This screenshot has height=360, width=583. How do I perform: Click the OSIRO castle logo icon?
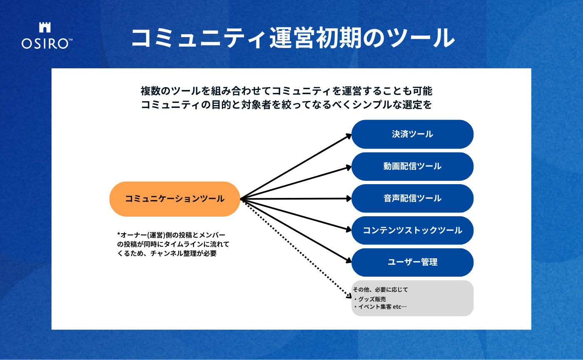pos(45,27)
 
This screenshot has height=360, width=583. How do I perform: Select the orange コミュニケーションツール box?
pos(175,199)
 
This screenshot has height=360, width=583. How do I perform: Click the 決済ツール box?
pos(412,134)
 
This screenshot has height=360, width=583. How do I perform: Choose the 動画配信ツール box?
pos(412,166)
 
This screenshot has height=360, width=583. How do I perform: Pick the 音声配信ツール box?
pos(412,198)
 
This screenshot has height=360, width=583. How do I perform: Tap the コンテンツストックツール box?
pos(412,230)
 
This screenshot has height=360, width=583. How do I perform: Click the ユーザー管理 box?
pos(412,262)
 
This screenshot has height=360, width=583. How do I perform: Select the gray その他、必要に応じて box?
pos(412,298)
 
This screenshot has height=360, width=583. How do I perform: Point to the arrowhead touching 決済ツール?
pos(349,135)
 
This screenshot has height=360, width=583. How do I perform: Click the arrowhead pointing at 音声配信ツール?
pos(349,199)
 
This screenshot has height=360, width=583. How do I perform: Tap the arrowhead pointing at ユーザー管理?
pos(349,261)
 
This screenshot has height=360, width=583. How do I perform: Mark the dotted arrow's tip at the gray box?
pos(349,296)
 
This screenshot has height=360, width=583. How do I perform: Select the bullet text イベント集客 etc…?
pos(380,307)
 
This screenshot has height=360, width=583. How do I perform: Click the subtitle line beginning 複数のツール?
pos(287,90)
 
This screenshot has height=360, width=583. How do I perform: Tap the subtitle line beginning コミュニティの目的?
pos(287,105)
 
